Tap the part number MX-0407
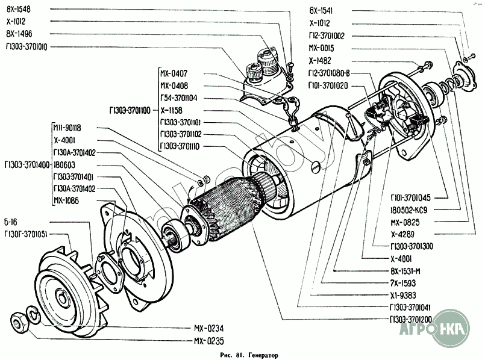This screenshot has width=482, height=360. coord(174,73)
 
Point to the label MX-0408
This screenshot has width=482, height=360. coord(174,85)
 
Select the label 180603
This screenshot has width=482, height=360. coord(64,164)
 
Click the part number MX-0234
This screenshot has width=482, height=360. coord(208,329)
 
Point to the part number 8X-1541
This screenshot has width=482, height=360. coord(321,11)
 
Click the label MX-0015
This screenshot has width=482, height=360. coord(321,48)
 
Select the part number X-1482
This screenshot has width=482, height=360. coord(320,60)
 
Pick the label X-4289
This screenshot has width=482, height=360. coord(401,234)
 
